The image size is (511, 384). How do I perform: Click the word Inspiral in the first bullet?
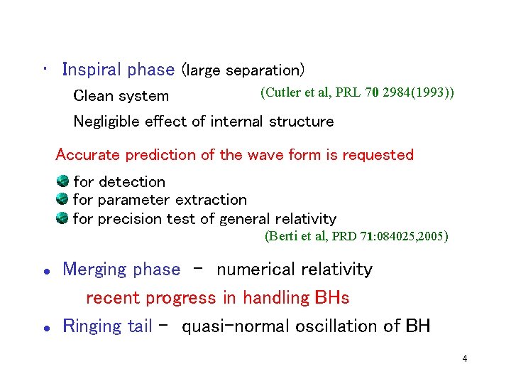(x=93, y=70)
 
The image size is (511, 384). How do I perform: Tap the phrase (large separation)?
(x=243, y=70)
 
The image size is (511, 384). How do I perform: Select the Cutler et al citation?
(x=358, y=92)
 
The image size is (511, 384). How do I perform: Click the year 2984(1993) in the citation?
(x=419, y=92)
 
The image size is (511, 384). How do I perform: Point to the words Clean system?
(x=121, y=96)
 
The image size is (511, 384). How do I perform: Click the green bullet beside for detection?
(x=62, y=181)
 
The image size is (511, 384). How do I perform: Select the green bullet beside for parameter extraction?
(x=62, y=199)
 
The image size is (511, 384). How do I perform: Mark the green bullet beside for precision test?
(x=62, y=218)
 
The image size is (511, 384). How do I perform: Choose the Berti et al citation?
(x=356, y=236)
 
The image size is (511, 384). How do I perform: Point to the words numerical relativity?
(x=294, y=270)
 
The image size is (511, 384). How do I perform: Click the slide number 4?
(x=464, y=358)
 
